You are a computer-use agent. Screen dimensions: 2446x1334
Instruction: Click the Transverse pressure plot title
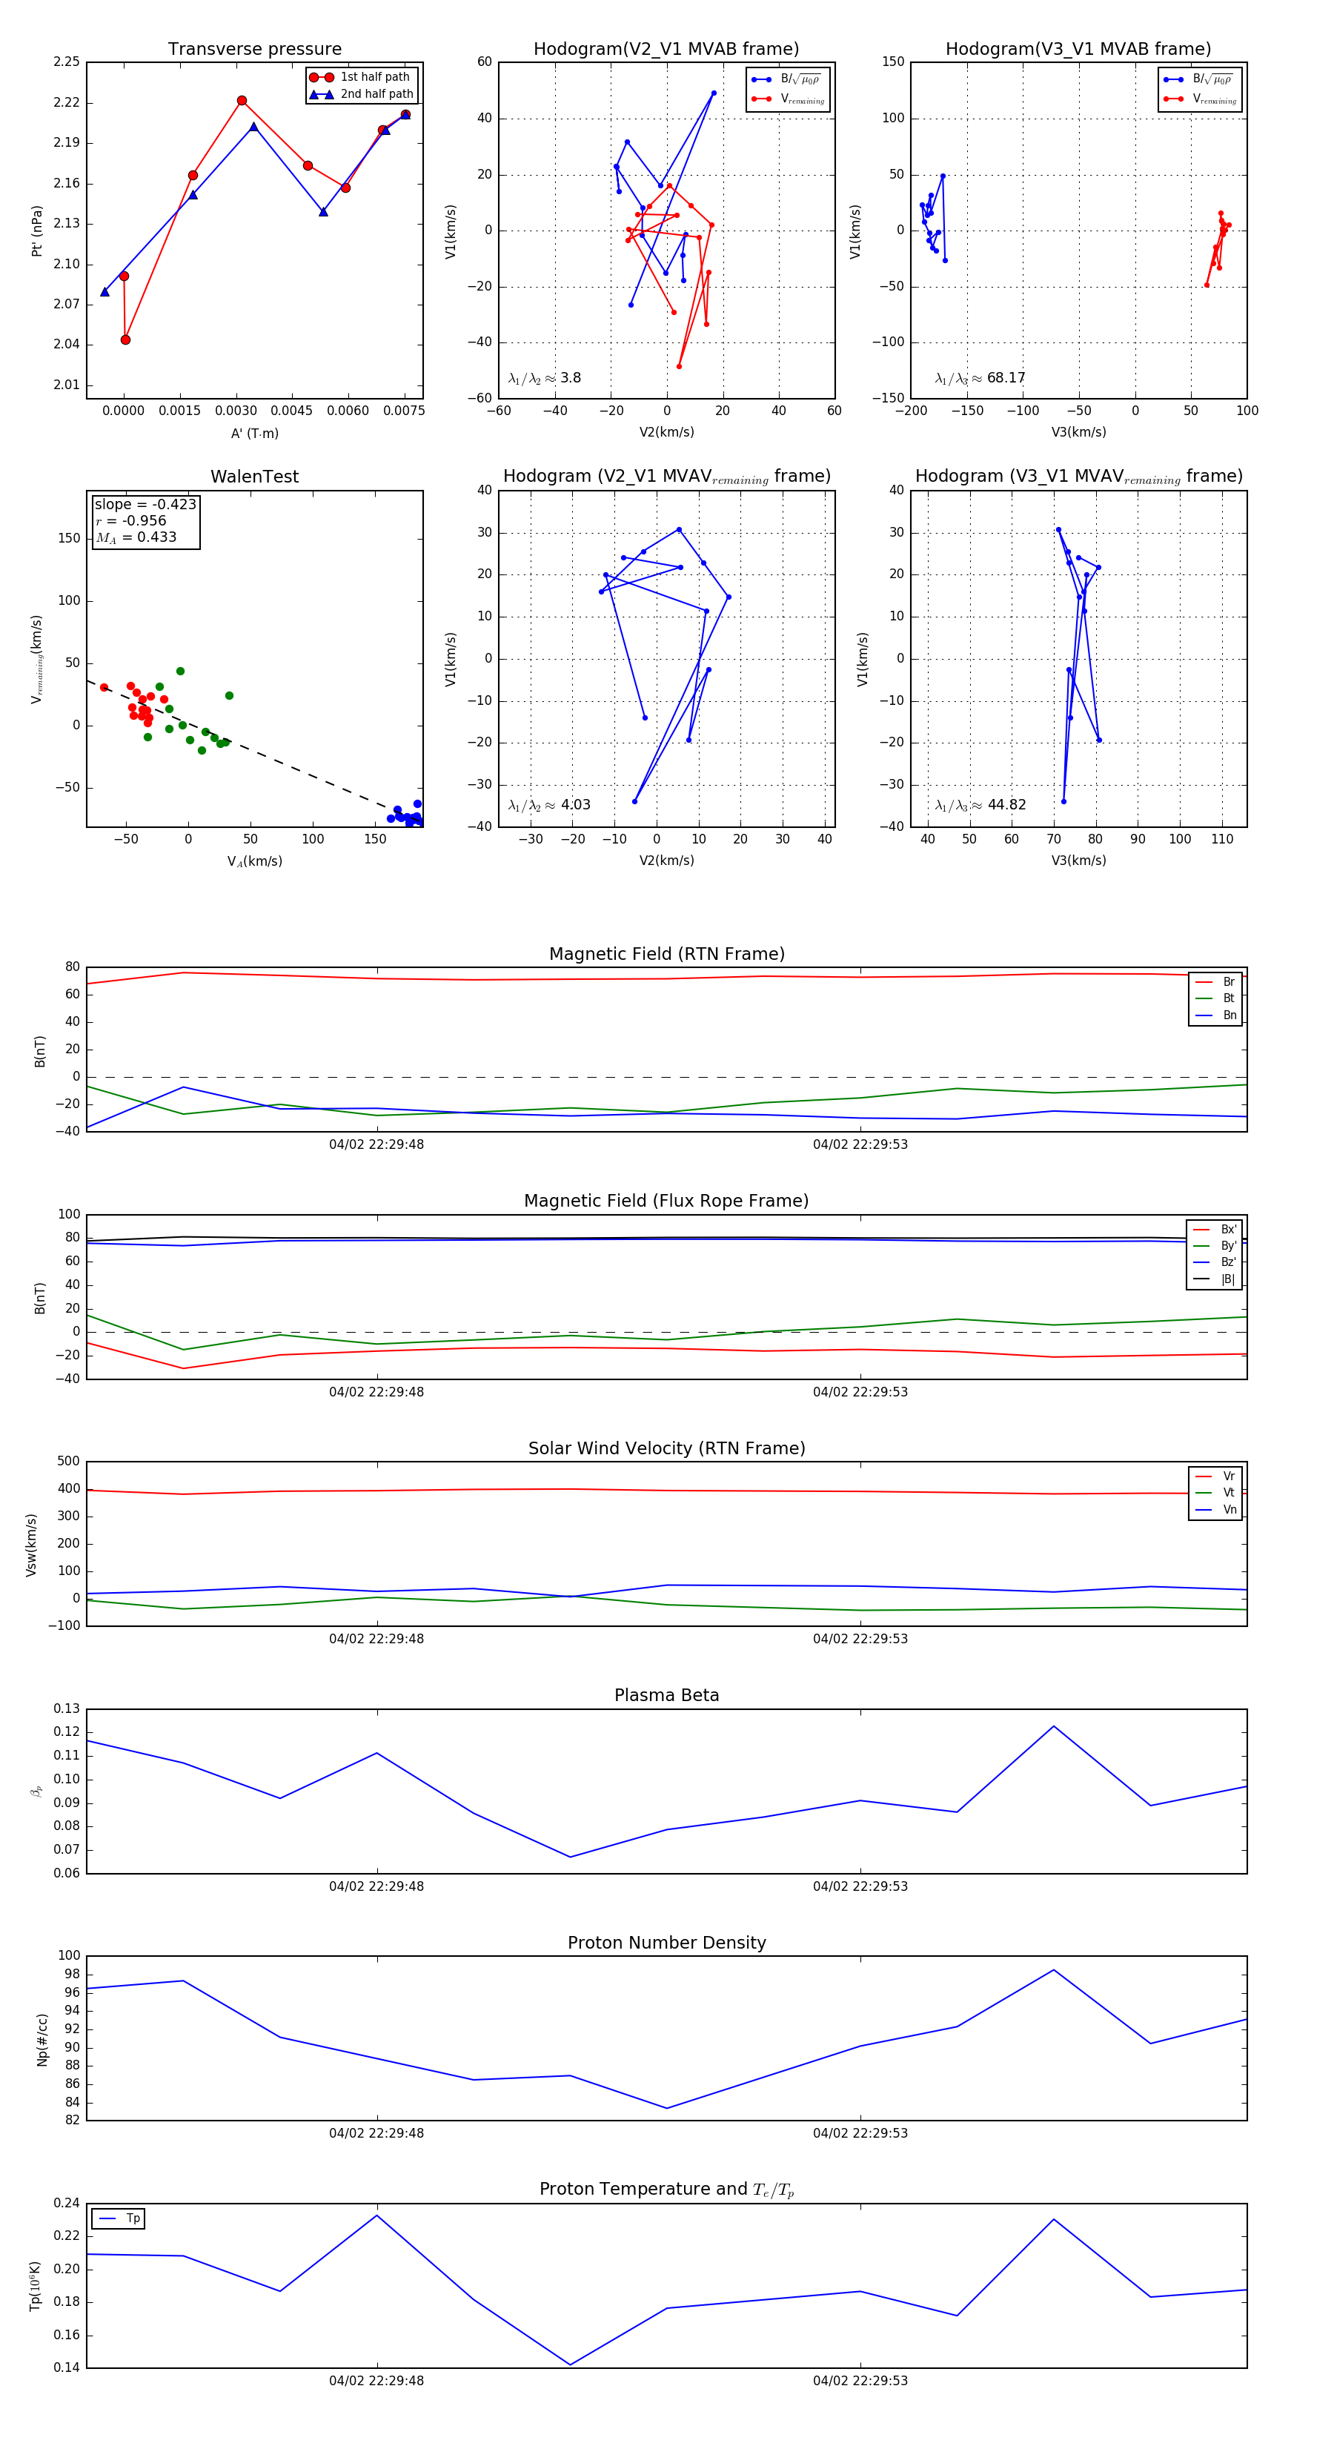(x=254, y=50)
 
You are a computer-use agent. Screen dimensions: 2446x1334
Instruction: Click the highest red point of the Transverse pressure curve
(x=242, y=101)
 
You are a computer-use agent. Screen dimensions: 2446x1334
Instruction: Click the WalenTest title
(x=254, y=477)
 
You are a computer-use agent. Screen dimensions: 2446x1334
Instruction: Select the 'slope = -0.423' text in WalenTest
(x=145, y=504)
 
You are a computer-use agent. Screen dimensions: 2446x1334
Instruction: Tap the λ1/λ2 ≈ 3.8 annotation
(x=544, y=378)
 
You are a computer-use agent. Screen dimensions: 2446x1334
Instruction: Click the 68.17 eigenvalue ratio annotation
(x=1006, y=378)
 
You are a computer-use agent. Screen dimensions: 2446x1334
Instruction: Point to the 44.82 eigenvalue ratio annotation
(x=1006, y=805)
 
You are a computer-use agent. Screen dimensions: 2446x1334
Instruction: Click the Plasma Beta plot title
(x=666, y=1696)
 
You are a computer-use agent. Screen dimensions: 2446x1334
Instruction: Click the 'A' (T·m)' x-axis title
(x=254, y=434)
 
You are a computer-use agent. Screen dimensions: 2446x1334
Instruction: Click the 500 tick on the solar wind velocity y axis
(x=68, y=1462)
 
